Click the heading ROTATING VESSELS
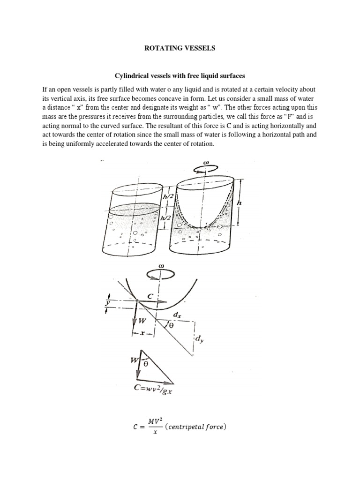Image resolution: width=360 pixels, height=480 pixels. coord(180,47)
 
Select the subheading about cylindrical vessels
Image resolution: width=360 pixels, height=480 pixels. coord(180,75)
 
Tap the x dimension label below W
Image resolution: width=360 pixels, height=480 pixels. coord(141,334)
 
